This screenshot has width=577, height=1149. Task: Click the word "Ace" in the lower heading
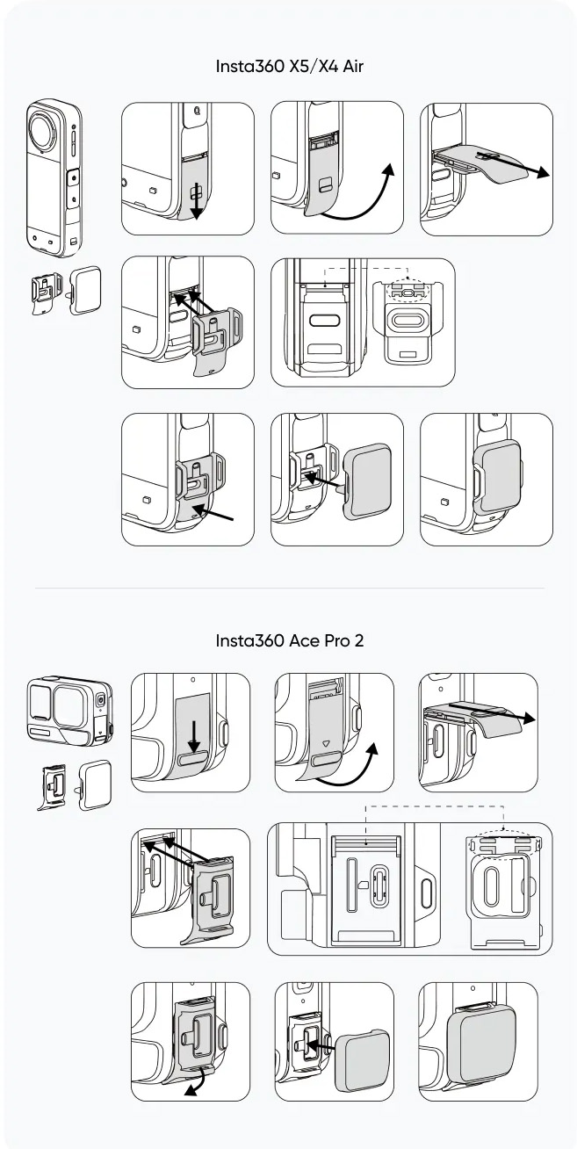(x=310, y=640)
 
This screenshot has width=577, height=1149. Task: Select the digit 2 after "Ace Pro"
(x=359, y=640)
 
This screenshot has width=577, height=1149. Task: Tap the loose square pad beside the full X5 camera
(x=85, y=289)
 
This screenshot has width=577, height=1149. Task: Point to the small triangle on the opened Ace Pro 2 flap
(x=325, y=743)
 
